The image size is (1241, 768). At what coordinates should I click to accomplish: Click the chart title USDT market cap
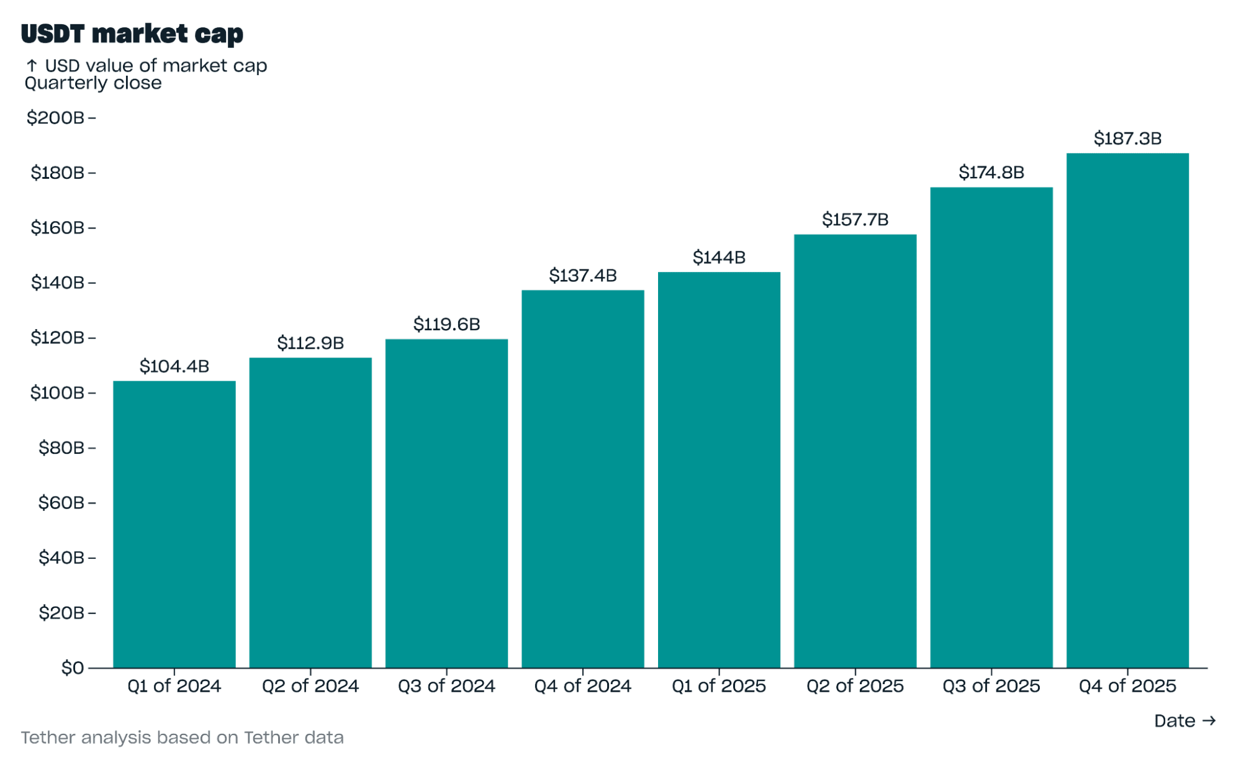tap(132, 34)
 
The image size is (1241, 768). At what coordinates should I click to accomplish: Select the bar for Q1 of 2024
tap(174, 525)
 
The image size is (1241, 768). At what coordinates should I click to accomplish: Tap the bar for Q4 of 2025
tap(1127, 410)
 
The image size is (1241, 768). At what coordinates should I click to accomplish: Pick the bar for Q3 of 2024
tap(446, 504)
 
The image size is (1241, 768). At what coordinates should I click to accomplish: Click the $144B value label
tap(719, 258)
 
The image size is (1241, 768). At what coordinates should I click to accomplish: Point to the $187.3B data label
tap(1127, 138)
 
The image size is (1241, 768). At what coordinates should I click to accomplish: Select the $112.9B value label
tap(310, 343)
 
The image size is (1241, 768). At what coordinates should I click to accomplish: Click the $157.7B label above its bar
tap(855, 220)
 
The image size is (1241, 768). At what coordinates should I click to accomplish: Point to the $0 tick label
tap(73, 668)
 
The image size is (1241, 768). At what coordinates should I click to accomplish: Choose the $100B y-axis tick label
tap(57, 393)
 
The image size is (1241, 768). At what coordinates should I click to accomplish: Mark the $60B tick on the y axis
tap(61, 503)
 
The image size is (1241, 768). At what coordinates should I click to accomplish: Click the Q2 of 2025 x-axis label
tap(855, 686)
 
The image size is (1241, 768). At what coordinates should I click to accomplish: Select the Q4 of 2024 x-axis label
tap(582, 686)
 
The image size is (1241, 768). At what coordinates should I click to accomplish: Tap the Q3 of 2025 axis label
tap(991, 686)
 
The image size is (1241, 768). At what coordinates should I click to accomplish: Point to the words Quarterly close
tap(93, 83)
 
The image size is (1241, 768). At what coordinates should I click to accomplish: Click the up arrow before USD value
tap(32, 66)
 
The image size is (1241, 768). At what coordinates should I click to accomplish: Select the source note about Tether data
tap(182, 738)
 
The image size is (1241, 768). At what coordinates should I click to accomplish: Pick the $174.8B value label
tap(991, 173)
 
